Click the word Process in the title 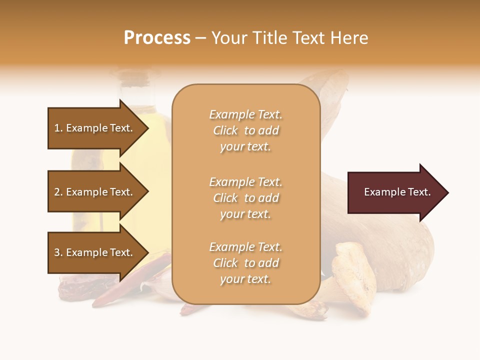[157, 37]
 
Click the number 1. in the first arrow [58, 128]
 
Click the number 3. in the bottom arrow [58, 252]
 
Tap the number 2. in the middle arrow [58, 192]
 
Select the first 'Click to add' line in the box [245, 130]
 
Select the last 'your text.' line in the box [245, 279]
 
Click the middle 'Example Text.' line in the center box [245, 181]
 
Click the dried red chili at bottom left [80, 287]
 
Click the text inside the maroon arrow [397, 192]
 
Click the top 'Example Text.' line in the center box [245, 114]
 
